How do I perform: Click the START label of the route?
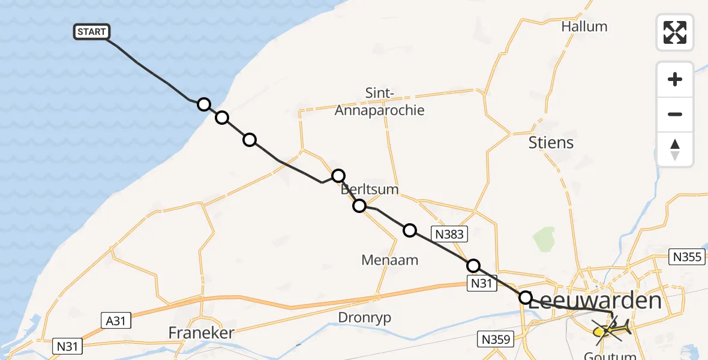[92, 32]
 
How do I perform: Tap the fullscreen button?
[675, 32]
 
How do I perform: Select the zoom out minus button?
[675, 115]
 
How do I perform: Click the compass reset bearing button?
[675, 149]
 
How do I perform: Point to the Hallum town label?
[584, 26]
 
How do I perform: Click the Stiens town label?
[551, 143]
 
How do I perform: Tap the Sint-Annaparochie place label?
[379, 101]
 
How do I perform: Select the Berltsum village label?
[370, 190]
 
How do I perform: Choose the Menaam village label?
[389, 260]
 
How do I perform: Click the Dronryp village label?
[364, 318]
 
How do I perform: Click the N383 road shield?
[449, 234]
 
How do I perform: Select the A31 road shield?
[115, 321]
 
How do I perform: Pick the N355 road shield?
[686, 257]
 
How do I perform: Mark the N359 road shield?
[495, 340]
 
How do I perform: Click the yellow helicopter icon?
[611, 328]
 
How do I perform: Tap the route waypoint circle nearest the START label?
[204, 104]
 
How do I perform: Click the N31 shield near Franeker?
[69, 346]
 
